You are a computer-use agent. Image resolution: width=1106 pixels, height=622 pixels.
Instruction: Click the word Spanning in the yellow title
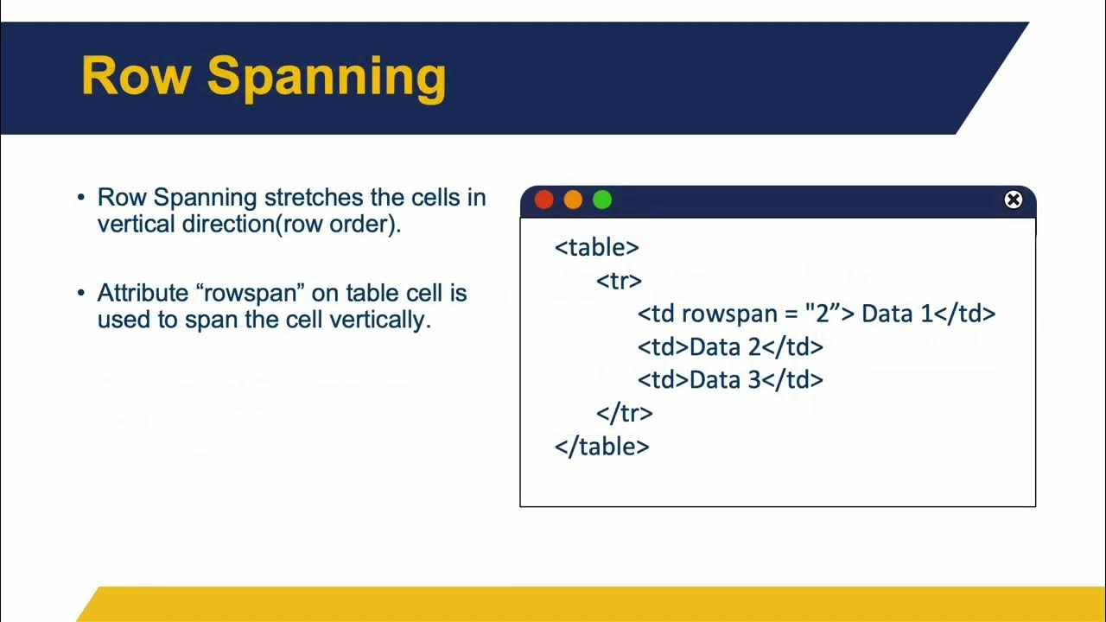(x=327, y=79)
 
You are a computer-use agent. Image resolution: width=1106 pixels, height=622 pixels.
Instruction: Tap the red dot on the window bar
(x=544, y=200)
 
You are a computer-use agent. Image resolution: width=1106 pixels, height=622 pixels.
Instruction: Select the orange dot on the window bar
(x=573, y=200)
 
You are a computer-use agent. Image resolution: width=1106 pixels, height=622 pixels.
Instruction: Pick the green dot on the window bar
(x=602, y=200)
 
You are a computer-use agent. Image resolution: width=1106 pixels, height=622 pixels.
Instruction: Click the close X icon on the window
(x=1014, y=200)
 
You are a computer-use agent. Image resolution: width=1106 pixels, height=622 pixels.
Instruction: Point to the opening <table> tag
(x=597, y=247)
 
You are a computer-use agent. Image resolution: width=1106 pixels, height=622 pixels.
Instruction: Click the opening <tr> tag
(x=620, y=281)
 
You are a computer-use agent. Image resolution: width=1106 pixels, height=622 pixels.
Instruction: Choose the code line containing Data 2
(x=730, y=347)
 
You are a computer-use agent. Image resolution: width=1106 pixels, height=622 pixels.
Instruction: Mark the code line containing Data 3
(x=730, y=380)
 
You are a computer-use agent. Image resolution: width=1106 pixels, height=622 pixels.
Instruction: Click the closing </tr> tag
(x=625, y=413)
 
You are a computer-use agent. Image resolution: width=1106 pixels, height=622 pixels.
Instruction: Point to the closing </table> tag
(x=602, y=447)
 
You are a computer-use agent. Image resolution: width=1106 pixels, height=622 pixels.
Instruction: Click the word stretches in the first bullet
(x=314, y=198)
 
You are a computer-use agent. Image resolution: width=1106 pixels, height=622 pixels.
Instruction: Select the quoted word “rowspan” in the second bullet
(x=251, y=293)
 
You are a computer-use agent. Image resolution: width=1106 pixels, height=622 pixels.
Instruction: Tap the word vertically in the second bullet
(x=380, y=320)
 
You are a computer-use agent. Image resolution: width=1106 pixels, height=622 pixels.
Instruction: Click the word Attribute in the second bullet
(x=143, y=293)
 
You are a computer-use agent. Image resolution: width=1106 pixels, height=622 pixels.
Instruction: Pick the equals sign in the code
(x=791, y=314)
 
